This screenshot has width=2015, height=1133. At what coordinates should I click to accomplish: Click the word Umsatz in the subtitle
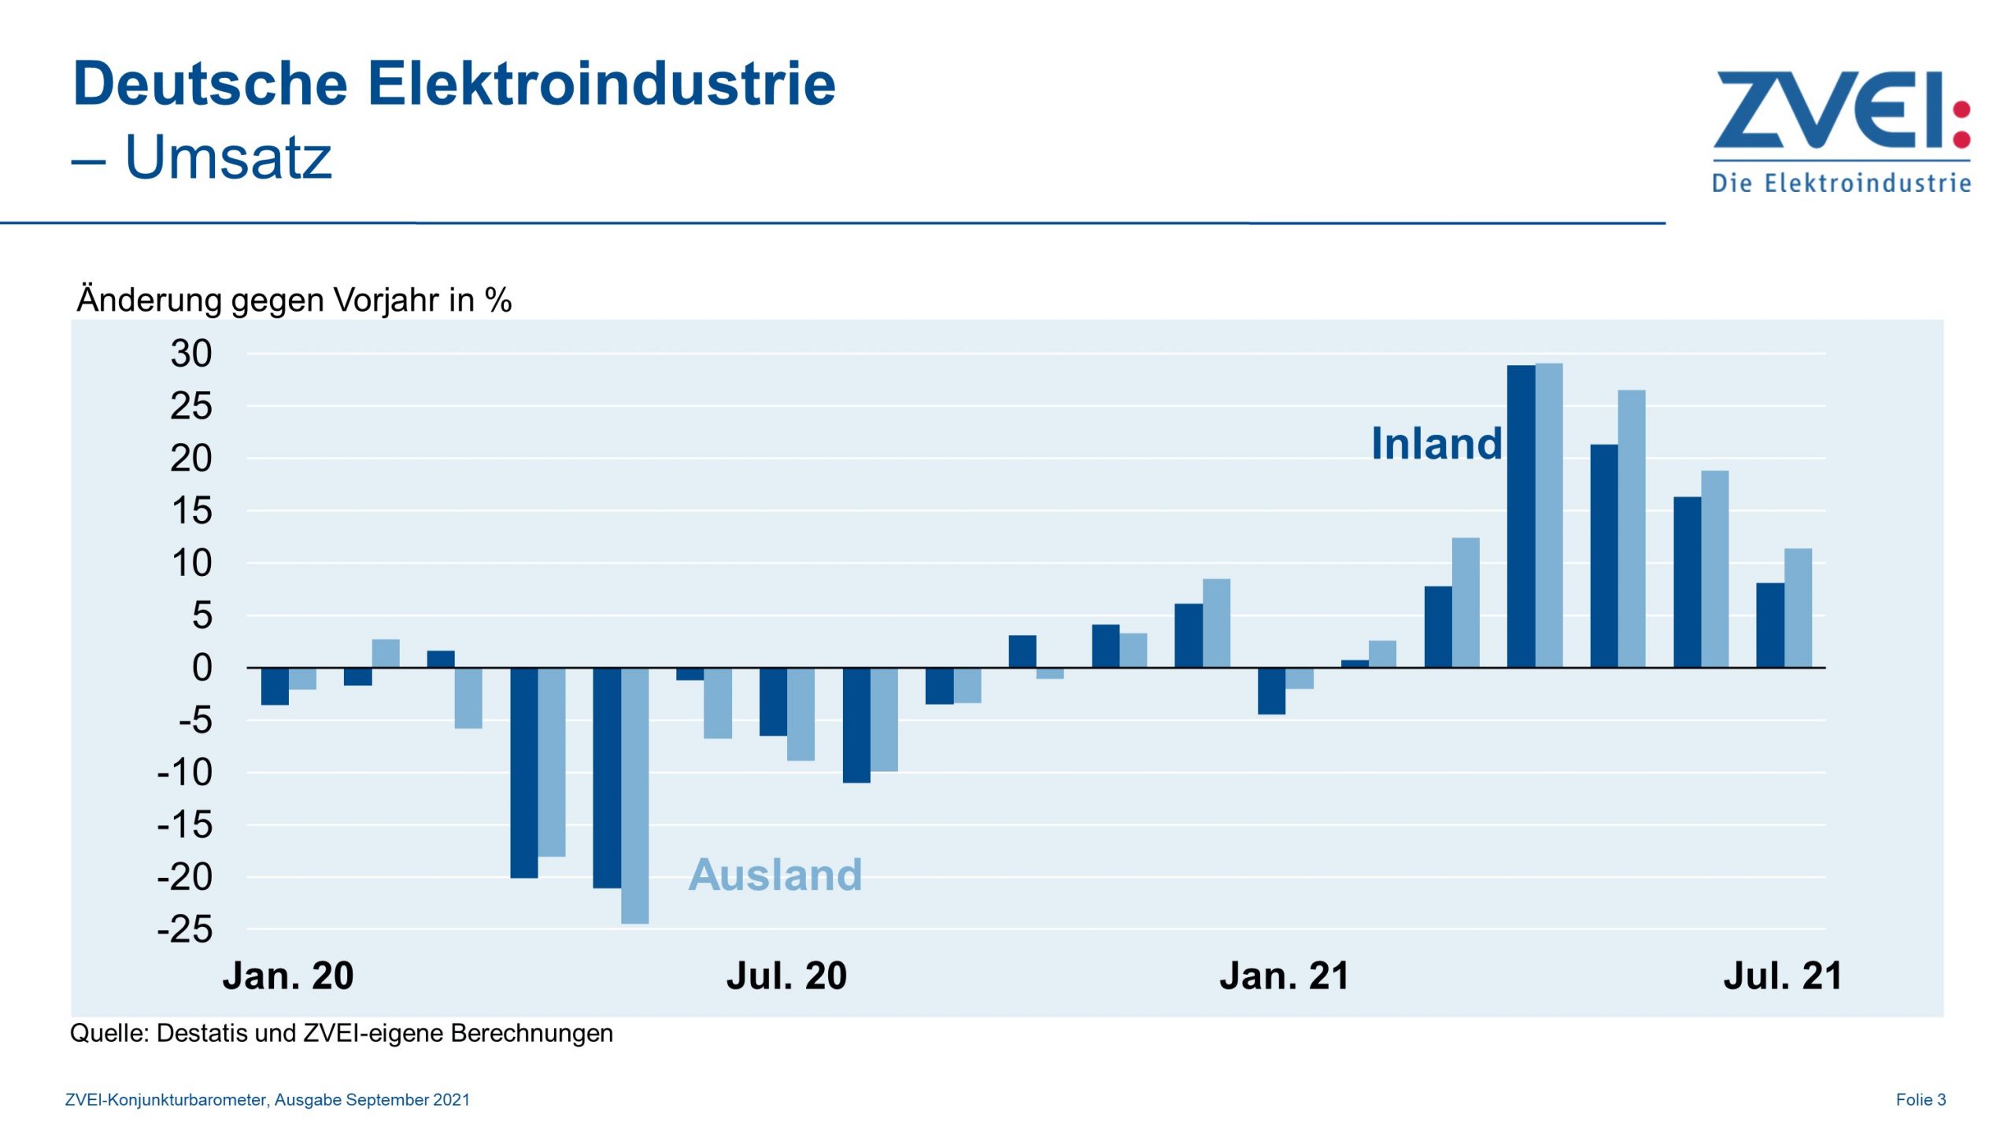click(x=228, y=157)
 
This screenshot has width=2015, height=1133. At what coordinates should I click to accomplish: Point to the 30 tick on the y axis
click(x=191, y=354)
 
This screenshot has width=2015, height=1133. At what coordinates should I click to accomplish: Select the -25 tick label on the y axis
click(x=186, y=930)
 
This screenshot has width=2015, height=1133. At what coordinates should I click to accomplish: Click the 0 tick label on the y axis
click(x=202, y=668)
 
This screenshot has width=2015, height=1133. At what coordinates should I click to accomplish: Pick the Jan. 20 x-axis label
click(x=288, y=976)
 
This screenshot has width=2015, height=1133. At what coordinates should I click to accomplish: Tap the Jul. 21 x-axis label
click(x=1782, y=976)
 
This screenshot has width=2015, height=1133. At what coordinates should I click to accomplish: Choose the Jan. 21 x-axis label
click(x=1285, y=976)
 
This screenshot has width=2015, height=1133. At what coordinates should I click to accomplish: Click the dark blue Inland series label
click(x=1436, y=443)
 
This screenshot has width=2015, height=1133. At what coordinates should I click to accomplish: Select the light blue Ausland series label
click(x=775, y=874)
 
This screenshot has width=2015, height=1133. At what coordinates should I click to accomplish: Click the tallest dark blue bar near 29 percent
click(x=1521, y=516)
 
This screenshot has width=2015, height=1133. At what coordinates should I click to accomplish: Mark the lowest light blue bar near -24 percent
click(x=634, y=795)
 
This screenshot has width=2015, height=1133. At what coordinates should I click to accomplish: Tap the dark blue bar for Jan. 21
click(x=1271, y=691)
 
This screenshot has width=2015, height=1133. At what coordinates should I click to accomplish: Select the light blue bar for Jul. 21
click(x=1798, y=607)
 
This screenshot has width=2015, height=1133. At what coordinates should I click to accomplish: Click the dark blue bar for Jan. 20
click(x=275, y=686)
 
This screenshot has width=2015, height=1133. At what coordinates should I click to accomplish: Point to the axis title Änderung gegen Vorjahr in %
click(x=294, y=301)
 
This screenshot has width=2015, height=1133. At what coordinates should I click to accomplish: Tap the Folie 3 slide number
click(x=1921, y=1100)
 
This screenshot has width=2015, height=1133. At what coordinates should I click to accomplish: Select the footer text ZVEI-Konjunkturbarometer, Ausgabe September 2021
click(x=267, y=1100)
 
